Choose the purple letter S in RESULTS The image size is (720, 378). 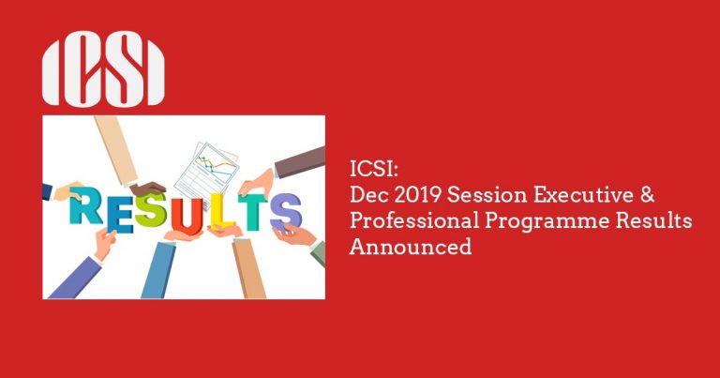(x=285, y=210)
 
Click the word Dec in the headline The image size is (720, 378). (x=367, y=196)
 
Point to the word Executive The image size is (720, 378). (x=573, y=196)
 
